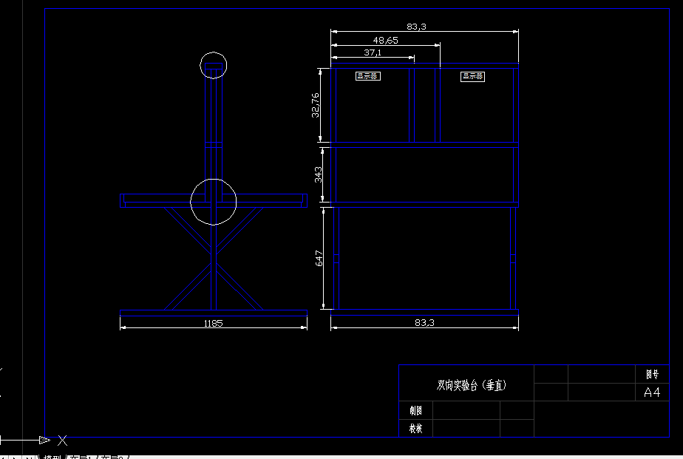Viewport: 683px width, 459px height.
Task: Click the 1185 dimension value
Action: [x=213, y=323]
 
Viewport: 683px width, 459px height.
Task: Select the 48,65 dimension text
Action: [x=386, y=40]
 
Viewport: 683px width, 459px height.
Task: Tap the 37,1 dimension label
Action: [x=373, y=52]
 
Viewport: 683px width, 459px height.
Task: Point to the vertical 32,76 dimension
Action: [x=316, y=105]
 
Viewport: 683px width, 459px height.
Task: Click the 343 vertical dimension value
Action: [x=318, y=174]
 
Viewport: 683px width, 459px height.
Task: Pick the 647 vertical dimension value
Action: [x=319, y=258]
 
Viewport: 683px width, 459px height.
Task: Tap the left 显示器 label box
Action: [x=367, y=75]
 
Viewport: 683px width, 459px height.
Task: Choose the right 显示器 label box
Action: [x=472, y=75]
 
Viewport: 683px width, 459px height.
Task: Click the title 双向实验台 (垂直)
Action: [x=472, y=385]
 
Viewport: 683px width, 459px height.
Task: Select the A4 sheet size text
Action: [x=652, y=392]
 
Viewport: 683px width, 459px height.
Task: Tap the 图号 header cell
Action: [x=652, y=375]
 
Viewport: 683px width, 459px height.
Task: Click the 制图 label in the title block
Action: [x=415, y=410]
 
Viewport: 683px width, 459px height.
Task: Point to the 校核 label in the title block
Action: [x=415, y=428]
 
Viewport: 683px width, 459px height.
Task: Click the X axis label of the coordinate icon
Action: [x=63, y=441]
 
